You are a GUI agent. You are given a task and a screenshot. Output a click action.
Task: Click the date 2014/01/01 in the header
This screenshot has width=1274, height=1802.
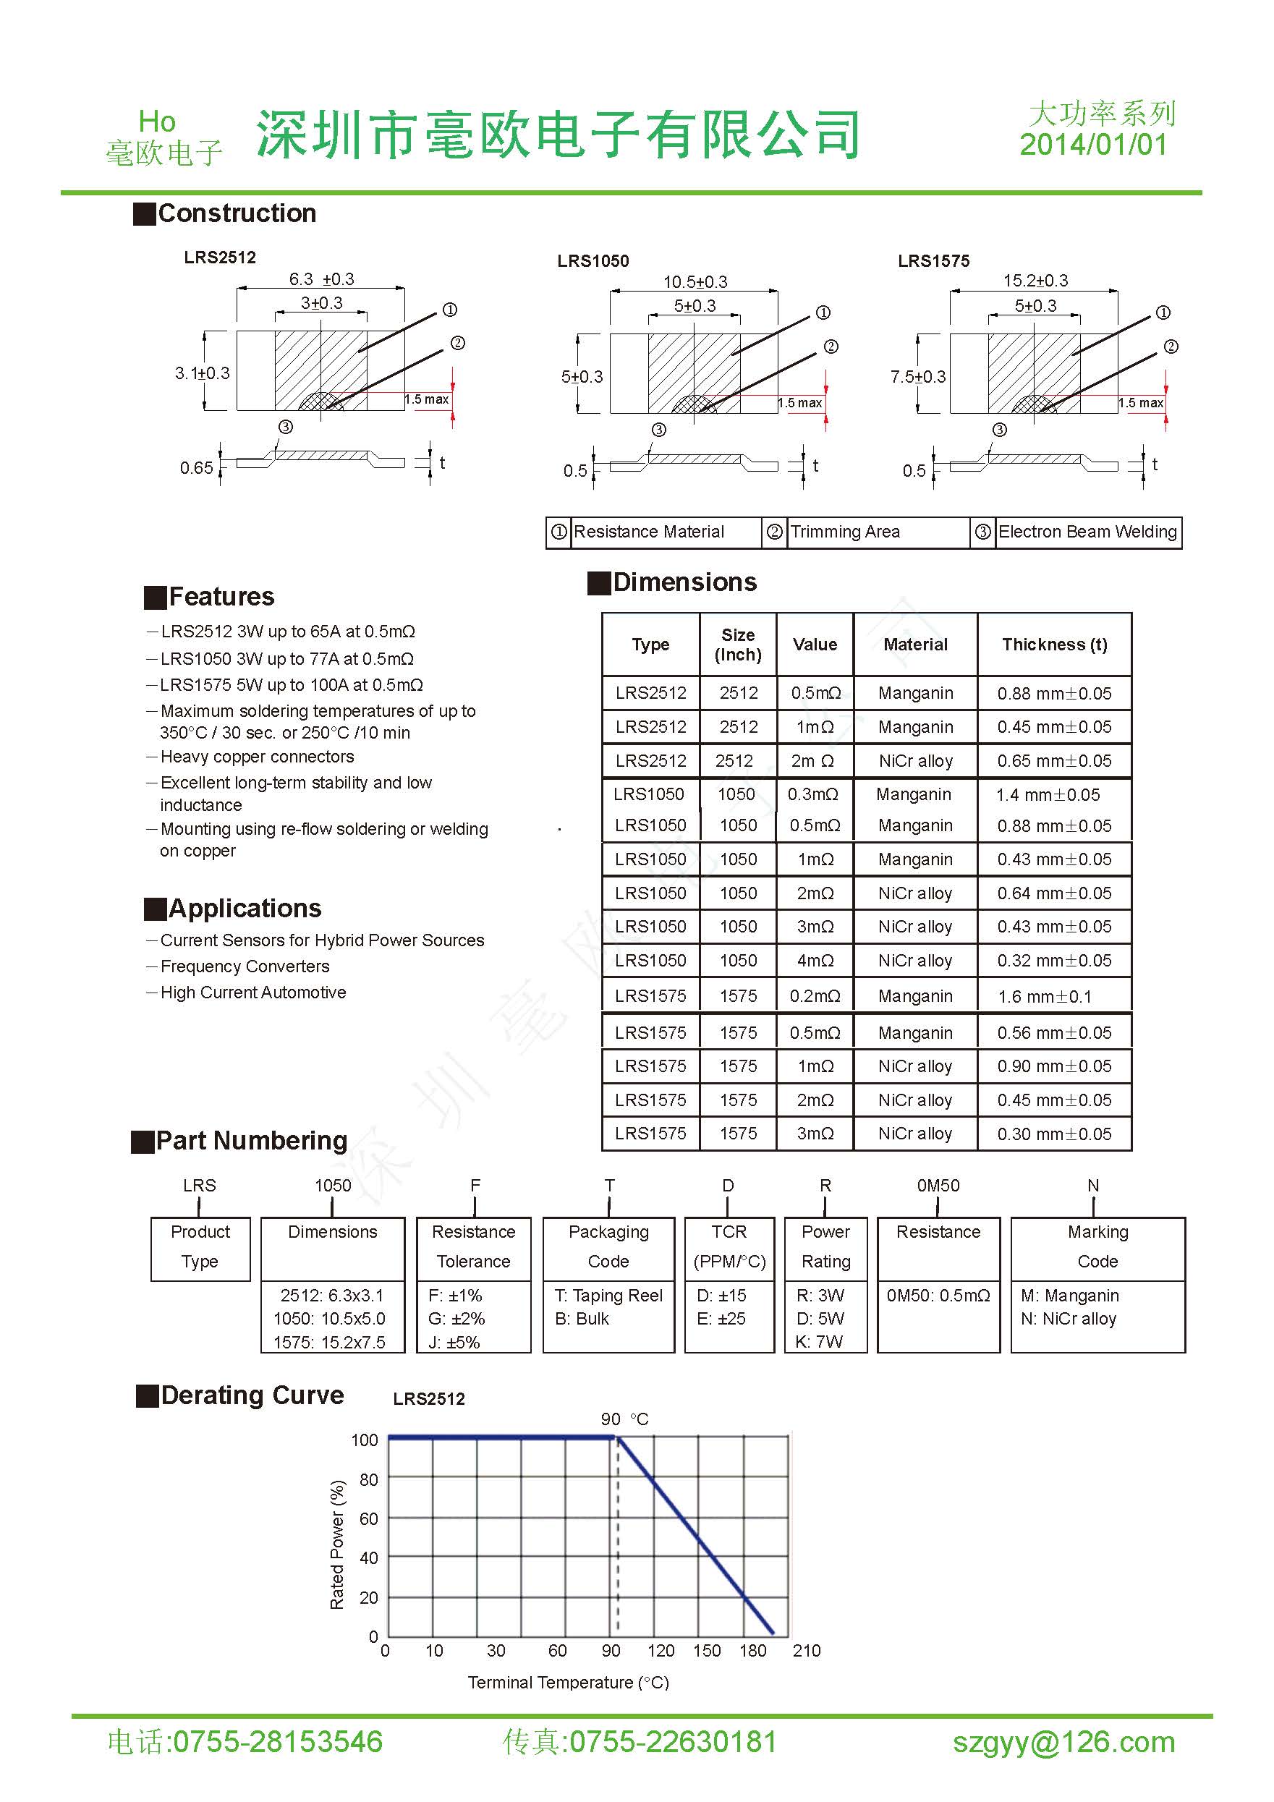pyautogui.click(x=1092, y=145)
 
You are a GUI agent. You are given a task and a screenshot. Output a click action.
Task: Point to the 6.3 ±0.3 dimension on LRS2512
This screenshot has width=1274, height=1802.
pyautogui.click(x=321, y=279)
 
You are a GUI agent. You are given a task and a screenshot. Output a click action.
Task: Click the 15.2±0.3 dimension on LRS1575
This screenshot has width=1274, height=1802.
pyautogui.click(x=1035, y=281)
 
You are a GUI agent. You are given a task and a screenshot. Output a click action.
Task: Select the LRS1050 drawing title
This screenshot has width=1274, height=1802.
pyautogui.click(x=593, y=261)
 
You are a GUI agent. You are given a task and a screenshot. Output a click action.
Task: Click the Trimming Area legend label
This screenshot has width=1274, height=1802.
pyautogui.click(x=844, y=532)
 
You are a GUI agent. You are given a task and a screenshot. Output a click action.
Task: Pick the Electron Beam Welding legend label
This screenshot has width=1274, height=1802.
pyautogui.click(x=1087, y=532)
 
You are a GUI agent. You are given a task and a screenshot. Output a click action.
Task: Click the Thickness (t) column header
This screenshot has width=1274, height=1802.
pyautogui.click(x=1054, y=645)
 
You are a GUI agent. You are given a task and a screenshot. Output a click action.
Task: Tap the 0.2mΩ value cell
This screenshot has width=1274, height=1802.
pyautogui.click(x=815, y=996)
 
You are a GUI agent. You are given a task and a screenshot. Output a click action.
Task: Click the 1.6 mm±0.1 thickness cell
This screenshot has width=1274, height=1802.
pyautogui.click(x=1044, y=997)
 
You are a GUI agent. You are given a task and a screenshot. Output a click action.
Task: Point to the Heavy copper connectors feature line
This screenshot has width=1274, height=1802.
pyautogui.click(x=257, y=757)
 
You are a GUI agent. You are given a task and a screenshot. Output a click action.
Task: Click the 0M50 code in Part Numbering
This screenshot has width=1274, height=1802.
pyautogui.click(x=938, y=1185)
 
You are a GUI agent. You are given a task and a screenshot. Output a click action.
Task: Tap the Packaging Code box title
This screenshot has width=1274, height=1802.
pyautogui.click(x=608, y=1246)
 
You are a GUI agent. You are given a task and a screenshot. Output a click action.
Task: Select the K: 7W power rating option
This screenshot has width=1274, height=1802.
pyautogui.click(x=819, y=1342)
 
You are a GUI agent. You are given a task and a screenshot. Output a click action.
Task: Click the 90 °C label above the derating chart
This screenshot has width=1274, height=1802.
pyautogui.click(x=625, y=1419)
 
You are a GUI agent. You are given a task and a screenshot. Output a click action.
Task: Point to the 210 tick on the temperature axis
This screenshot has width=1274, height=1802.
pyautogui.click(x=806, y=1651)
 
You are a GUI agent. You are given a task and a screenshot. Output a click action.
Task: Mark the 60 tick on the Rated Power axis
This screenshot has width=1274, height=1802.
pyautogui.click(x=368, y=1518)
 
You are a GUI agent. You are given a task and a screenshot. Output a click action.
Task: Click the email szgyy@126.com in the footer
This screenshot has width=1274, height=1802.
pyautogui.click(x=1063, y=1741)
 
